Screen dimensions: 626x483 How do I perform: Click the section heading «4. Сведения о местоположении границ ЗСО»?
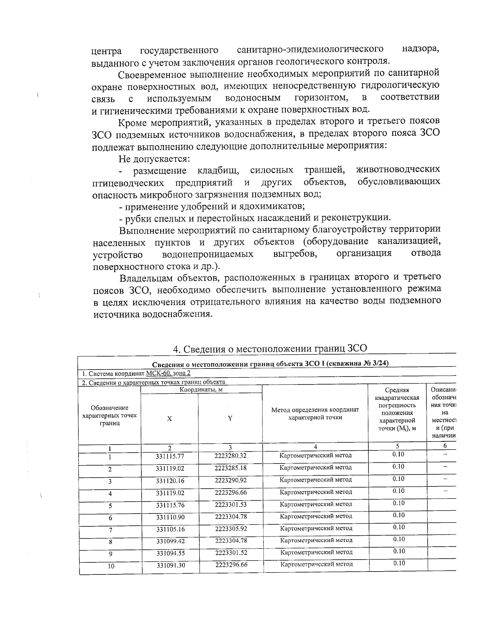point(270,348)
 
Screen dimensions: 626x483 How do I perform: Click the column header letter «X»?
point(169,419)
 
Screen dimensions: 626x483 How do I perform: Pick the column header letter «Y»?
point(230,418)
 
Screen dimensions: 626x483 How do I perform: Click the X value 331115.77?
point(170,456)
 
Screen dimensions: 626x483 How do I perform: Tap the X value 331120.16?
point(170,480)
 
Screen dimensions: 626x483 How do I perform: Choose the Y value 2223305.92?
point(231,528)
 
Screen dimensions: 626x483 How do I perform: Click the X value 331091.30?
point(171,565)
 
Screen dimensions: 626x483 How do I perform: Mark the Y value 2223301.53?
point(231,504)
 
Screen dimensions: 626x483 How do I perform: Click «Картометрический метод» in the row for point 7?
point(316,528)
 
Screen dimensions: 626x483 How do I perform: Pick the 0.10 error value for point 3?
point(398,479)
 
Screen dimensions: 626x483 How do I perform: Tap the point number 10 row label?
point(111,566)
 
